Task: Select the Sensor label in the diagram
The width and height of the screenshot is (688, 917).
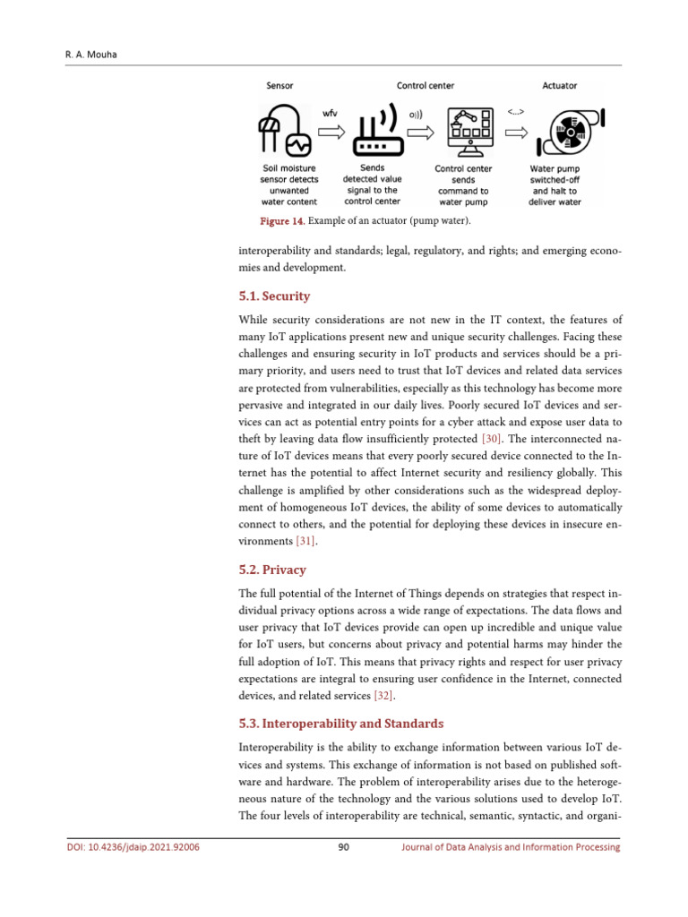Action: pyautogui.click(x=279, y=86)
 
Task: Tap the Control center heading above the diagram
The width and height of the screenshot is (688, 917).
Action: pyautogui.click(x=426, y=86)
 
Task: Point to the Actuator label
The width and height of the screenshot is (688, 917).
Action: pyautogui.click(x=559, y=86)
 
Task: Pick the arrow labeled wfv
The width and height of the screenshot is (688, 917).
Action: pyautogui.click(x=330, y=133)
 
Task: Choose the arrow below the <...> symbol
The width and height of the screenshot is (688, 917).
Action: pyautogui.click(x=516, y=133)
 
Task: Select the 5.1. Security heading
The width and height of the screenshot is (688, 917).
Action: pyautogui.click(x=275, y=296)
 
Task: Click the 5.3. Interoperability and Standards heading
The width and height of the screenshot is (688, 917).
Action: pyautogui.click(x=341, y=723)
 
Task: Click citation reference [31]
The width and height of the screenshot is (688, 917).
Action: pyautogui.click(x=306, y=541)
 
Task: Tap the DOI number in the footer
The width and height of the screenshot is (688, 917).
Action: pyautogui.click(x=133, y=847)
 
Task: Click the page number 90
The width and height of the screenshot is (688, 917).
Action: pyautogui.click(x=343, y=847)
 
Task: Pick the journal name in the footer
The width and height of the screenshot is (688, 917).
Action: pyautogui.click(x=510, y=847)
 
